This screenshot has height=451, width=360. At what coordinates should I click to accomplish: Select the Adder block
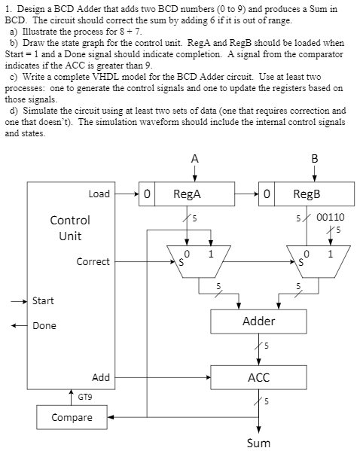(x=258, y=321)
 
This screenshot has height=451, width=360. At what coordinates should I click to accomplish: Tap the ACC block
(x=258, y=376)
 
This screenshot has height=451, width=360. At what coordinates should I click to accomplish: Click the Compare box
(x=72, y=416)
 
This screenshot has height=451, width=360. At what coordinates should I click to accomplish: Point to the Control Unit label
(x=69, y=227)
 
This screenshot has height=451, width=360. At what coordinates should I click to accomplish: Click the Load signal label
(x=99, y=194)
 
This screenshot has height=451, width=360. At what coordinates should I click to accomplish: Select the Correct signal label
(x=93, y=262)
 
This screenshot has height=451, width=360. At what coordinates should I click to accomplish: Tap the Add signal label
(x=100, y=376)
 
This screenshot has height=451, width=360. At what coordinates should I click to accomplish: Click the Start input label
(x=43, y=301)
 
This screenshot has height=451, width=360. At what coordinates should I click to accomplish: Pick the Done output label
(x=44, y=326)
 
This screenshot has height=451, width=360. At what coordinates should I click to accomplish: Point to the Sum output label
(x=258, y=442)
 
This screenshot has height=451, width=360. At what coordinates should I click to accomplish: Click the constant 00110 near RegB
(x=331, y=216)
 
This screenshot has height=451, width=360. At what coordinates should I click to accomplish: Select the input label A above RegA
(x=195, y=159)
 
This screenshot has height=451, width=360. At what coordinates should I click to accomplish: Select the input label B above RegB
(x=314, y=159)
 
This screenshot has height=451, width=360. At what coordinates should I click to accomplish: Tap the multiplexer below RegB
(x=317, y=261)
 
